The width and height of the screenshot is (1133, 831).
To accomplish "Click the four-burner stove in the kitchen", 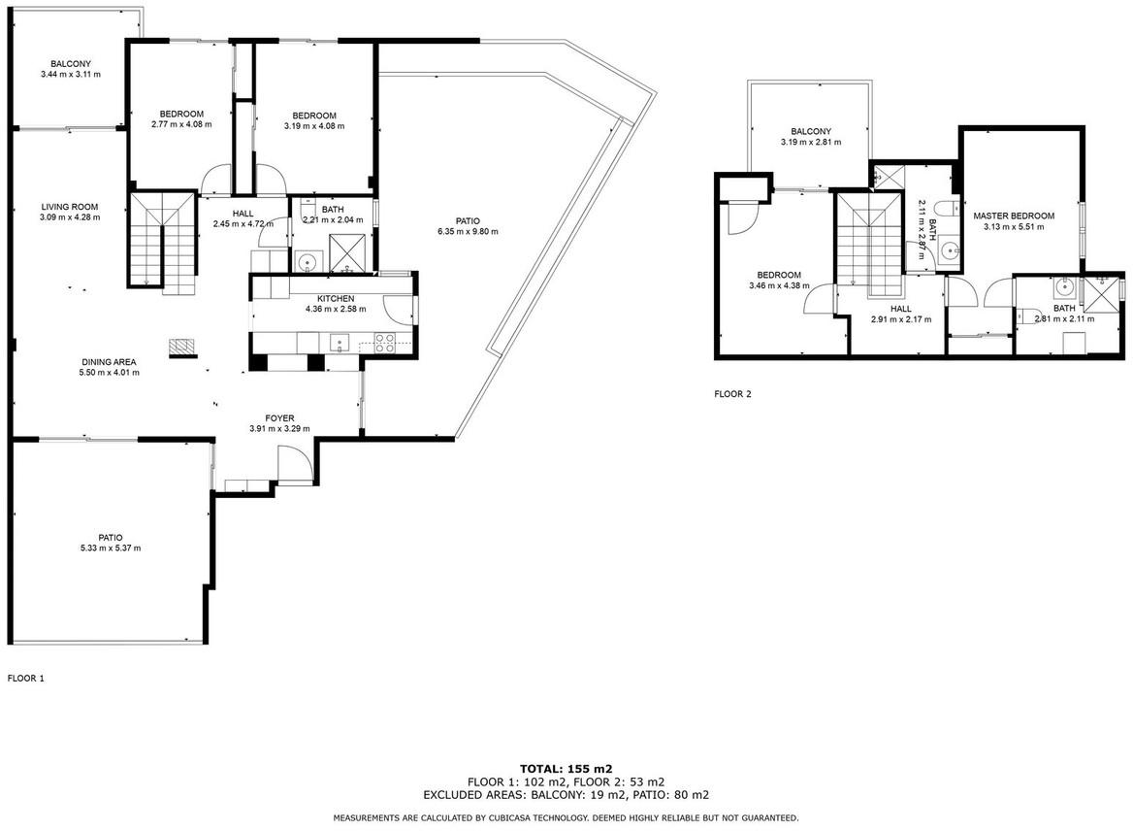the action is pyautogui.click(x=384, y=342).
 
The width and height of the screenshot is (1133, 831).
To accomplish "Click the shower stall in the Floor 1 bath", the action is pyautogui.click(x=347, y=253).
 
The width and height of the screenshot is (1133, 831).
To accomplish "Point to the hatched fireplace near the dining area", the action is pyautogui.click(x=182, y=348).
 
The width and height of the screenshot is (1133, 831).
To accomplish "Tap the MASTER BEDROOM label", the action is pyautogui.click(x=1013, y=216).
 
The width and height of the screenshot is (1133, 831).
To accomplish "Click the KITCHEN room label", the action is pyautogui.click(x=336, y=299).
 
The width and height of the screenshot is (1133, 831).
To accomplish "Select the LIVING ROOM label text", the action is pyautogui.click(x=70, y=207).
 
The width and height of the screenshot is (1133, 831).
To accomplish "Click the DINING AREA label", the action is pyautogui.click(x=109, y=362).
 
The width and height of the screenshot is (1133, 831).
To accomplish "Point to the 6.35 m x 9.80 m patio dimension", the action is pyautogui.click(x=468, y=232).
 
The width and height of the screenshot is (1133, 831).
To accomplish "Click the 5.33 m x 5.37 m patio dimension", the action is pyautogui.click(x=111, y=548).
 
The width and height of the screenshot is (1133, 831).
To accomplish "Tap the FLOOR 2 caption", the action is pyautogui.click(x=732, y=394).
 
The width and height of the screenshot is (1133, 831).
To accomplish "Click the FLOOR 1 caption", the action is pyautogui.click(x=26, y=679).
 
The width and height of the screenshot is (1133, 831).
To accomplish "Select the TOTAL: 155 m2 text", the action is pyautogui.click(x=566, y=769).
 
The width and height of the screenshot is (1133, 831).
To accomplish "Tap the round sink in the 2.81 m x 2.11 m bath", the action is pyautogui.click(x=1064, y=288).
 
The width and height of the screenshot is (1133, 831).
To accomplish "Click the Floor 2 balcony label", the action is pyautogui.click(x=811, y=132).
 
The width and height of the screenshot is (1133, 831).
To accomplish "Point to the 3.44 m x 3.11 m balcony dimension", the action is pyautogui.click(x=71, y=75).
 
